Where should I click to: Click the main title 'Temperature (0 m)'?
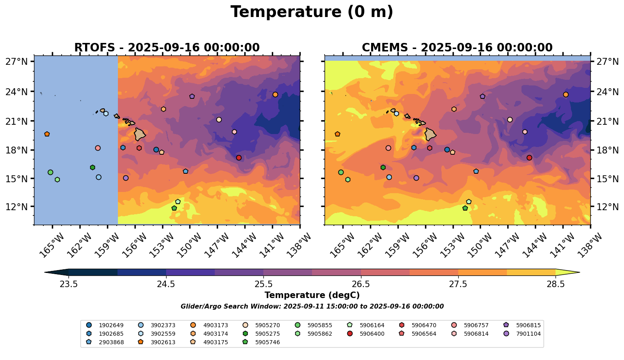click(x=312, y=12)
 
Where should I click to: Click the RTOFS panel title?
click(x=167, y=48)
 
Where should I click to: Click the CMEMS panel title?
click(x=457, y=48)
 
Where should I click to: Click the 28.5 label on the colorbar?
click(x=556, y=284)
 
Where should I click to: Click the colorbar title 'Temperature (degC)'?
click(x=312, y=295)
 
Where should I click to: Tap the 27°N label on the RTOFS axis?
click(x=17, y=62)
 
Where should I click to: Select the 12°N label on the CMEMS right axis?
click(x=607, y=207)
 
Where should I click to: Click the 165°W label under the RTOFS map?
click(x=51, y=245)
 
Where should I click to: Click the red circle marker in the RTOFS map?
click(x=239, y=158)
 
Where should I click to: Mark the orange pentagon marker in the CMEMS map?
click(x=338, y=134)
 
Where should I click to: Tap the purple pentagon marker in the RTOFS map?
click(x=192, y=96)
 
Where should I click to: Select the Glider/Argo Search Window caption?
click(x=312, y=307)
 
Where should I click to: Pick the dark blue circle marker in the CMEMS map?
click(x=447, y=149)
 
